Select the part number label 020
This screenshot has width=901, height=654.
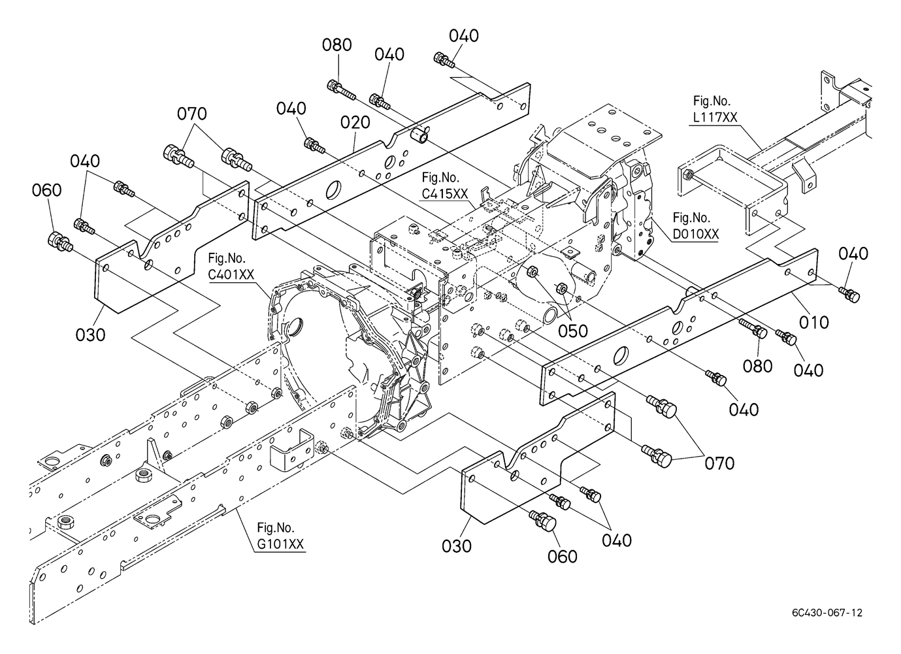355,122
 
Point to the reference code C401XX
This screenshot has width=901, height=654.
231,275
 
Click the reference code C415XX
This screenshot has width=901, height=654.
444,193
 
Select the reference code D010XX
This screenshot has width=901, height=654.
695,234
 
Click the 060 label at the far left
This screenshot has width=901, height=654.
46,190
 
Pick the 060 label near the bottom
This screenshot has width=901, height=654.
563,556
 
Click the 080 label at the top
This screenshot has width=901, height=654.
337,45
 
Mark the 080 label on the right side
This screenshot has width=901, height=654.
758,365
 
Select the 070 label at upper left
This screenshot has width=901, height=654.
191,114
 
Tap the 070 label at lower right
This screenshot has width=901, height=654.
719,463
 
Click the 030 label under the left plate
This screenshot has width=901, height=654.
90,335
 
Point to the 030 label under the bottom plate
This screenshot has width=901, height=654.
456,546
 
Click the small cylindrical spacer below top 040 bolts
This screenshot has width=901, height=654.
418,136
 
